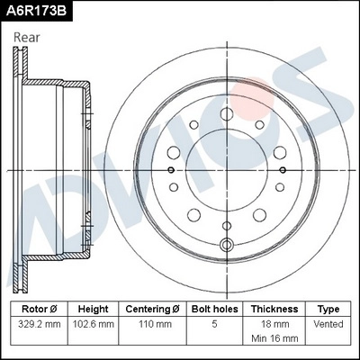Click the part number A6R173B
(37, 11)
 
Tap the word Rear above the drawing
(27, 37)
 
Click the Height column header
(93, 308)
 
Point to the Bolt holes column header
(213, 308)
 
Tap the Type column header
(328, 308)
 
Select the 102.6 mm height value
(93, 323)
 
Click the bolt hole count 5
(213, 323)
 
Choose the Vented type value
(328, 323)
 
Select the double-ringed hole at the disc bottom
(226, 244)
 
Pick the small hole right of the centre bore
(282, 168)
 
